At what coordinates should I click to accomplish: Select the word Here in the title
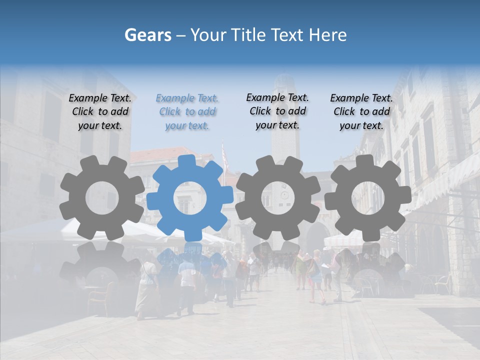pos(328,35)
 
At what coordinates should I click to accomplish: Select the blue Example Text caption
pos(187,112)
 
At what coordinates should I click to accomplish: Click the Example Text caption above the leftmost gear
pos(100,112)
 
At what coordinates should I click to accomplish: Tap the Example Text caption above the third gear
pos(277,111)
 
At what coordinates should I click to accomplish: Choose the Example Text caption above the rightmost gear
pos(361,112)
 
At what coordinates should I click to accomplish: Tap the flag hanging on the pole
pos(225,157)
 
